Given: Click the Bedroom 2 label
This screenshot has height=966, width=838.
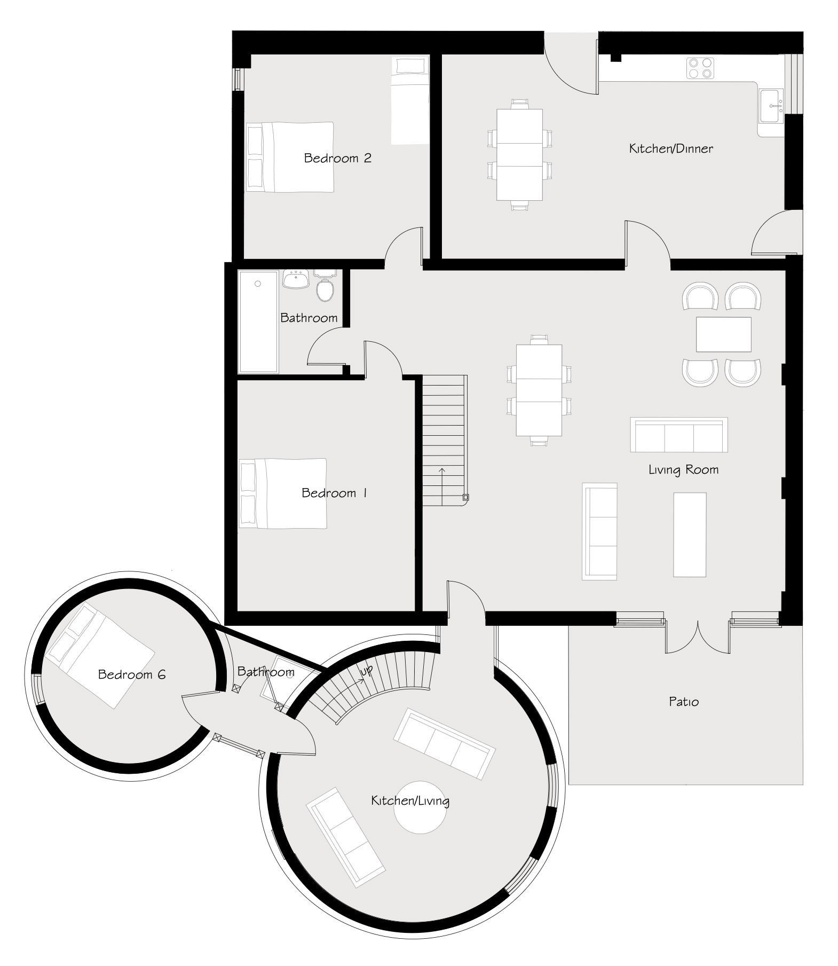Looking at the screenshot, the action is click(x=337, y=158).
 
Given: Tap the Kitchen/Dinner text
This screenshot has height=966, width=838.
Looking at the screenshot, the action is click(x=671, y=148).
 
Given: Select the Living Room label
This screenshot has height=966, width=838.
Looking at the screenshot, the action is click(x=683, y=470).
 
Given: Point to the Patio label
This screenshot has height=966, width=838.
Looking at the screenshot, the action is click(x=684, y=702).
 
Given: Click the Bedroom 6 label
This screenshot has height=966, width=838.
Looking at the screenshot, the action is click(x=132, y=674).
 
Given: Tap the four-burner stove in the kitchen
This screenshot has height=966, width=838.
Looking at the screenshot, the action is click(x=700, y=68).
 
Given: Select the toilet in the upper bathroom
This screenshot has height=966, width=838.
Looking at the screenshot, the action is click(x=325, y=286).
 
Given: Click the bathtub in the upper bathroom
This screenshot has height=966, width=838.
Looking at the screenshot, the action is click(x=259, y=321).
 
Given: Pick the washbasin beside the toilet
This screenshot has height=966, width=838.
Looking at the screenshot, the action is click(x=295, y=279).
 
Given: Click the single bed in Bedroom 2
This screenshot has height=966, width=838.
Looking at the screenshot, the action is click(x=410, y=100).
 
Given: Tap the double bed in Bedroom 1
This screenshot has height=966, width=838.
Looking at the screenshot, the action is click(x=282, y=493).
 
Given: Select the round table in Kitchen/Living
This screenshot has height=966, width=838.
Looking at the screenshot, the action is click(x=419, y=807).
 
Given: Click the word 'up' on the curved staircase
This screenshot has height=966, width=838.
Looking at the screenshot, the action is click(x=367, y=671).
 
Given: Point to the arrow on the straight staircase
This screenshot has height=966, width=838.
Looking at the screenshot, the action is click(x=442, y=486).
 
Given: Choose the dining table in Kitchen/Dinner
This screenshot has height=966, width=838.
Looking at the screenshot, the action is click(x=519, y=155).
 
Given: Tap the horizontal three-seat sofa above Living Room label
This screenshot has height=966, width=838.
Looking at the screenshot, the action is click(x=679, y=435).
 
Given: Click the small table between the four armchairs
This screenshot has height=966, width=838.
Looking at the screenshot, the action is click(x=724, y=334).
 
